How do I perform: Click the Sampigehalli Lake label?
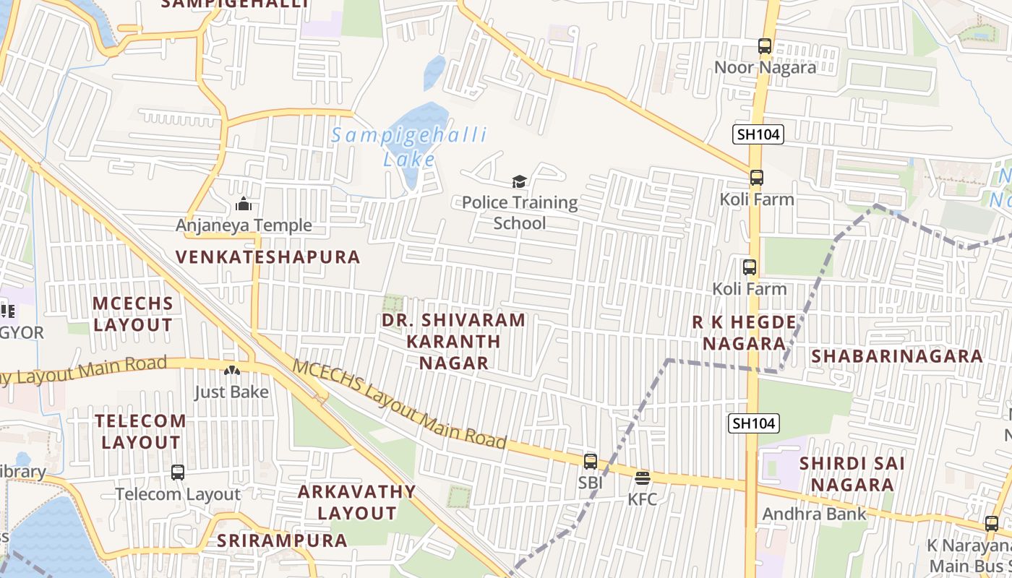409,147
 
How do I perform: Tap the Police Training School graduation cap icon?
519,181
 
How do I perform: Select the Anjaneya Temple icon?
244,204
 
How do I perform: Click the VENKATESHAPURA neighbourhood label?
268,257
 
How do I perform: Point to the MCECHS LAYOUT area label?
133,314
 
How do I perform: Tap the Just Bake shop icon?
231,371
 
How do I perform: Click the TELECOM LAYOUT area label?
141,431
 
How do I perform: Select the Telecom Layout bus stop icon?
178,473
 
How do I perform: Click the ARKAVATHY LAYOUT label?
357,502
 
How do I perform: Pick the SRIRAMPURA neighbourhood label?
283,540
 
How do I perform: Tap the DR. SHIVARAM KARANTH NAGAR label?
453,341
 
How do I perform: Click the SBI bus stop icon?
591,461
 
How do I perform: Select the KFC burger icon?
642,478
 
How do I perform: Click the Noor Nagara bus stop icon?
765,46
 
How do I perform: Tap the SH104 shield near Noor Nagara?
758,134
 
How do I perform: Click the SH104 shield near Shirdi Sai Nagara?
753,423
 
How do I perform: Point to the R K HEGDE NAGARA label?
744,332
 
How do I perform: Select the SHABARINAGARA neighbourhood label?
896,356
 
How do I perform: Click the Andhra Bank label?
814,514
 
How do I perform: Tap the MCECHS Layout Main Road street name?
399,404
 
